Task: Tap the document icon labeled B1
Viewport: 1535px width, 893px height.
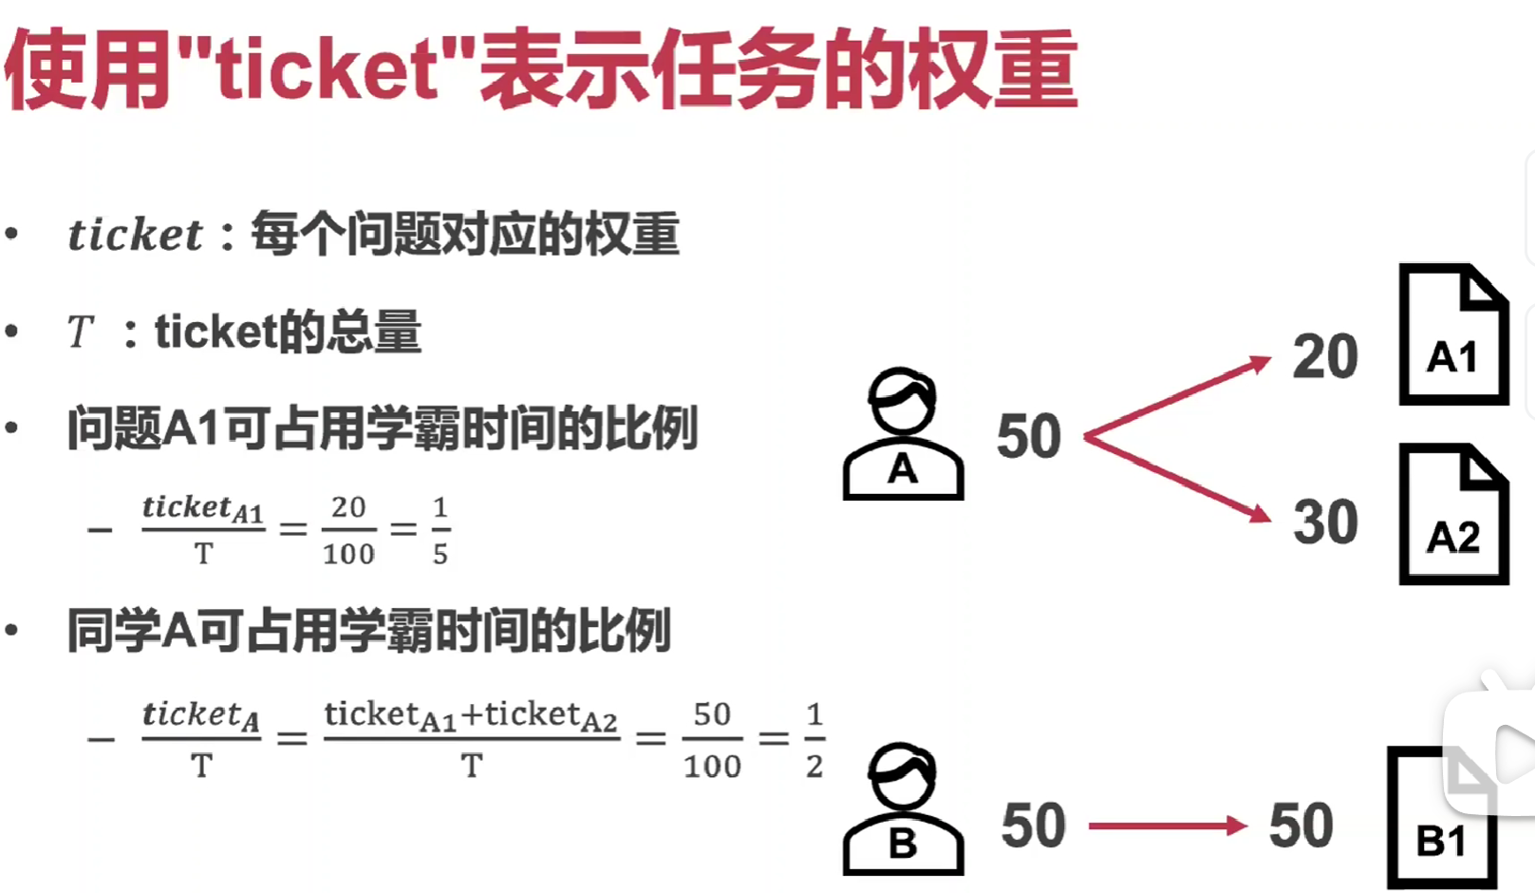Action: click(1441, 820)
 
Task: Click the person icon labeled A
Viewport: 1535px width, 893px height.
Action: click(903, 434)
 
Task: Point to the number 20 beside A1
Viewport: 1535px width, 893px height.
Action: click(1325, 357)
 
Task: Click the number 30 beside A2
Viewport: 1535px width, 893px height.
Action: click(1325, 522)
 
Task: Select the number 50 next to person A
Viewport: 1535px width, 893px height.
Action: click(1029, 437)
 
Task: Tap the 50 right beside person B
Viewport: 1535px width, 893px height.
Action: click(1033, 826)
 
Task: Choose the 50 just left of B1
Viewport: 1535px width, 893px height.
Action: click(1301, 826)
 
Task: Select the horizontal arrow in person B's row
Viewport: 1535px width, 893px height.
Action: click(1167, 826)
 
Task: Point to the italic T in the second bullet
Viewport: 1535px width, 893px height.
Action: click(81, 332)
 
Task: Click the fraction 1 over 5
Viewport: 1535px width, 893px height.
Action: click(440, 530)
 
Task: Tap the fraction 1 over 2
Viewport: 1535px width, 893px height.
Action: click(814, 740)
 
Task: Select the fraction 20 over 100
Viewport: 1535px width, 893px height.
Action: click(348, 530)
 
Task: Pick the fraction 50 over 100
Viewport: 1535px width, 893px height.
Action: click(712, 740)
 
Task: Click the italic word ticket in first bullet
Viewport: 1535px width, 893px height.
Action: click(135, 235)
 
